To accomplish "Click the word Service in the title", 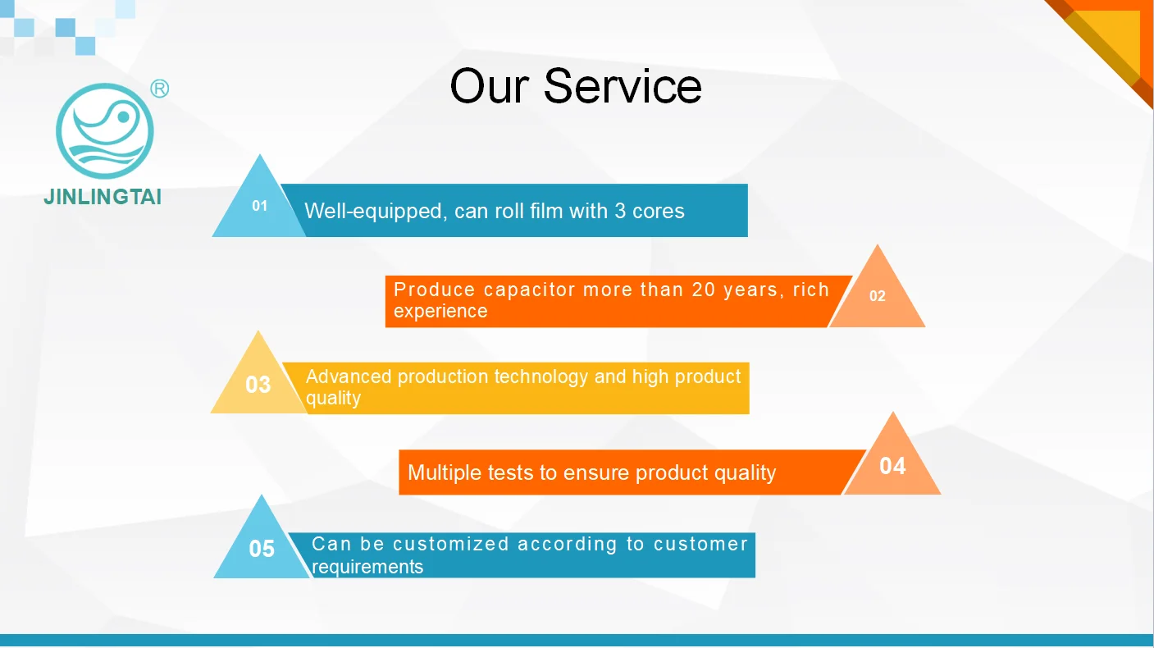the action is [x=623, y=86].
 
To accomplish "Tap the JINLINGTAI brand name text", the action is [x=103, y=198].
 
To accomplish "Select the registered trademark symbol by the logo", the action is [x=160, y=89].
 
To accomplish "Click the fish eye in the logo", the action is [x=124, y=117].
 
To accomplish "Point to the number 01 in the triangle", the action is [x=260, y=206].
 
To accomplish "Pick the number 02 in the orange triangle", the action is [x=878, y=296].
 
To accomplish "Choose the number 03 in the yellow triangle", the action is [x=258, y=385].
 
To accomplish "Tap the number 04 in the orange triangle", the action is [x=892, y=466].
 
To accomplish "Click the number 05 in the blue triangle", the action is [x=262, y=549].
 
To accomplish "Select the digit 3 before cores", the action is [x=620, y=211].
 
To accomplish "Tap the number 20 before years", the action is [x=704, y=290].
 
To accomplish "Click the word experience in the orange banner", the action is [x=440, y=312].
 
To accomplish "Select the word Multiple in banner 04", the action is [x=444, y=472].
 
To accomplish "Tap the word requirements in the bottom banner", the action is [x=367, y=567].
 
